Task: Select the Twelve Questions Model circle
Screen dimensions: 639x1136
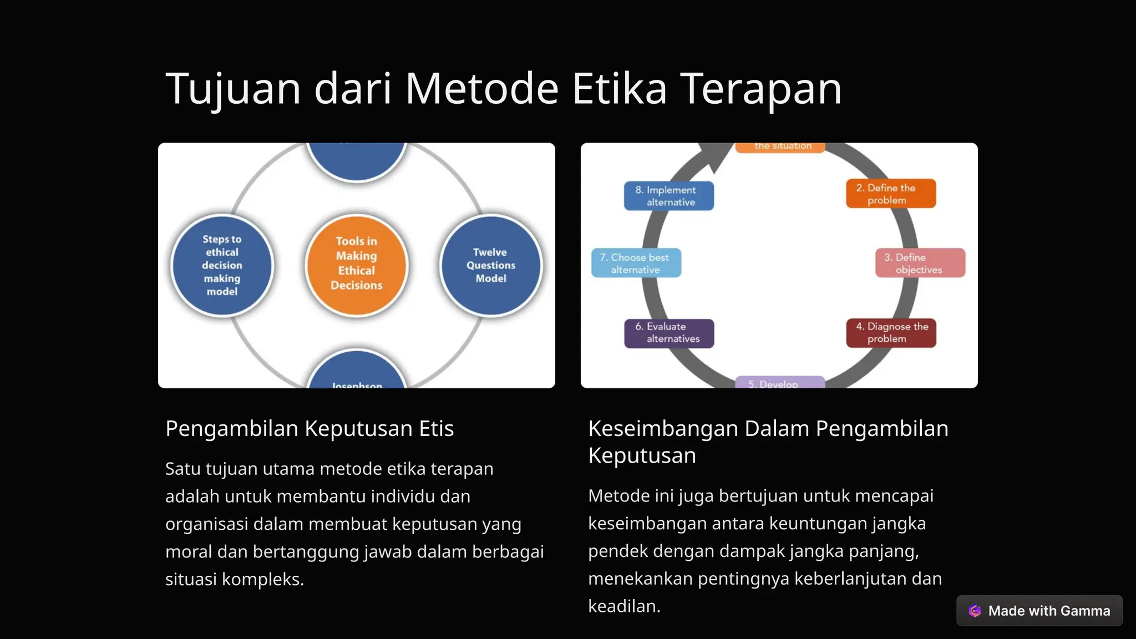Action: [491, 265]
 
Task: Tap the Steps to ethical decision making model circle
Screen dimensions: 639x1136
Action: [222, 265]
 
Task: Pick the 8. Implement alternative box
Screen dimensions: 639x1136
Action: [668, 196]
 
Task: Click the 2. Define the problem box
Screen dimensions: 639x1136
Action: [890, 194]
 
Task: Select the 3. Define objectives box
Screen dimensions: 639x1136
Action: [920, 263]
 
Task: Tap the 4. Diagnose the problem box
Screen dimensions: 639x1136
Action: [890, 333]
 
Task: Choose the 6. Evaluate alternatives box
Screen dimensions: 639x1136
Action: [668, 333]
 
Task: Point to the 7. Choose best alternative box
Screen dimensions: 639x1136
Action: [636, 263]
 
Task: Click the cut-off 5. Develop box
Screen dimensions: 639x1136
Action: [779, 383]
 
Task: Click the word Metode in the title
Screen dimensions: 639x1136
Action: [481, 89]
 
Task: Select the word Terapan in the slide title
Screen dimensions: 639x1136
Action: [761, 89]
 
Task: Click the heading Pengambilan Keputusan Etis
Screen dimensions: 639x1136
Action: [310, 429]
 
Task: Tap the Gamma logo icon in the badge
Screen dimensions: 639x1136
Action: [975, 611]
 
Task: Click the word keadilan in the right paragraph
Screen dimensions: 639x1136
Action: [623, 606]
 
